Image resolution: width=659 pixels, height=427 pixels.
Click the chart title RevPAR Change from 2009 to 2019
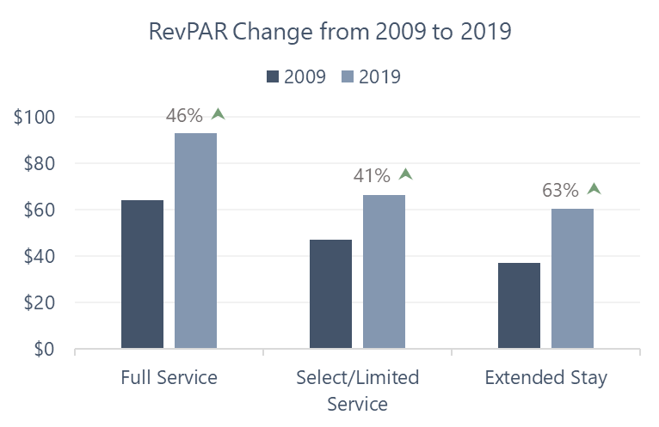pos(330,33)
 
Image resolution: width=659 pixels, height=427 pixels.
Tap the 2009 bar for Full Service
pos(142,275)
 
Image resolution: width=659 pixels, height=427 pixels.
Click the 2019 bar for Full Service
pos(195,241)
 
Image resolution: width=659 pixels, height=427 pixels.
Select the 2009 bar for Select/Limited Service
pos(330,295)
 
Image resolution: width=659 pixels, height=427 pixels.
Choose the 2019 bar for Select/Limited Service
pos(384,272)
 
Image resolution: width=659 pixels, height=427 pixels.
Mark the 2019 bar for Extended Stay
pos(572,279)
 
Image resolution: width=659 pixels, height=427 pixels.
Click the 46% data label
pos(187,116)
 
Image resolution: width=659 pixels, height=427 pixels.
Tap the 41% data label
pos(372,176)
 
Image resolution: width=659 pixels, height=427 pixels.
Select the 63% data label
pos(560,191)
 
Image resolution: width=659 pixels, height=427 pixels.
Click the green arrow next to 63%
pos(594,189)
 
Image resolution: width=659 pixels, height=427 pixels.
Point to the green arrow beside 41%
pos(406,174)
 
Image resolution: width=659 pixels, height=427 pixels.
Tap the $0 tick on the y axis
pos(45,350)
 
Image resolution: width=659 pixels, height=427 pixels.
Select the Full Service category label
pos(169,378)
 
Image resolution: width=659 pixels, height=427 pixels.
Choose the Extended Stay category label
pos(545,378)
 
